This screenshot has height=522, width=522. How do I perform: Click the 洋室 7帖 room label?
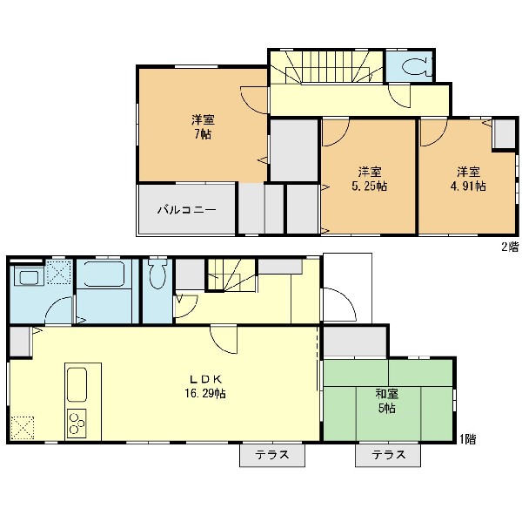(x=203, y=126)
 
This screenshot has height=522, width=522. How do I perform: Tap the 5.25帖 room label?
(x=370, y=179)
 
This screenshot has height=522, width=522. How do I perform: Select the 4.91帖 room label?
(x=468, y=179)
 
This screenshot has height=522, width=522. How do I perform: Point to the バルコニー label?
(x=187, y=210)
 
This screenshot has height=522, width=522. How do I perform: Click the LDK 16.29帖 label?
(x=205, y=387)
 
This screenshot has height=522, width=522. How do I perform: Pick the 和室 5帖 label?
(x=387, y=401)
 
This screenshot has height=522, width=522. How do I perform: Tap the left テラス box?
(x=272, y=455)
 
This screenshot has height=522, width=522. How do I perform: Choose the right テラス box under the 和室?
(x=388, y=455)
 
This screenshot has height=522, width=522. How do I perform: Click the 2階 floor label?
(x=511, y=247)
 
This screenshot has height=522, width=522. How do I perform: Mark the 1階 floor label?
(x=468, y=439)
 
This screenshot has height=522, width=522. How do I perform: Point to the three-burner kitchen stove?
(x=77, y=424)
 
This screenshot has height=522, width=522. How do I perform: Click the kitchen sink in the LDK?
(x=77, y=385)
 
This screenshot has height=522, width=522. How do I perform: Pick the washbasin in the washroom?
(x=29, y=277)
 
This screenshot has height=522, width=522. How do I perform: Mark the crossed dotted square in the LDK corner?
(x=23, y=428)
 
